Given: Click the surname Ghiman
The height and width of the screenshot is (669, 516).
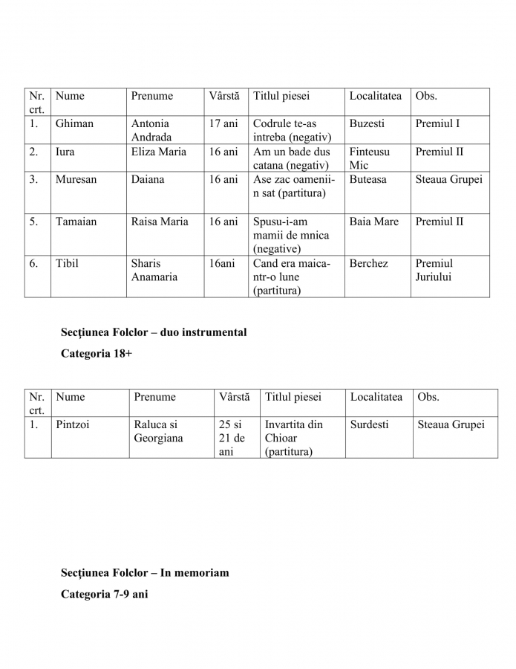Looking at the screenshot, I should (74, 123).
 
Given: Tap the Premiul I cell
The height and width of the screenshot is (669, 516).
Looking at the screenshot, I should (437, 123).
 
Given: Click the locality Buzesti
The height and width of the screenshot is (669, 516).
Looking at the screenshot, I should (368, 123).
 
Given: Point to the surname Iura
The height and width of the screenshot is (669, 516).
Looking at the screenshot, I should (65, 152).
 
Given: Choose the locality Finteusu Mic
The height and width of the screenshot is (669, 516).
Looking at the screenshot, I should (369, 158).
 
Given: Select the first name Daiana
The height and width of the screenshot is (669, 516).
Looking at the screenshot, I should (148, 179).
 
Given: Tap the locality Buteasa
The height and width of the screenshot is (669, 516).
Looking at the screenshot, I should (368, 179).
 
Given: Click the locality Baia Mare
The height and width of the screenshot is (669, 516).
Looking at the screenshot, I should (373, 222).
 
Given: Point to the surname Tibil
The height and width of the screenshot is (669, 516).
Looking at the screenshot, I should (66, 263).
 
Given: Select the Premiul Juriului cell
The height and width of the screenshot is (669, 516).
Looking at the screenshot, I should (434, 270).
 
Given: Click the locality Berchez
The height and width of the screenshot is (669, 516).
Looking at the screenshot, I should (368, 263).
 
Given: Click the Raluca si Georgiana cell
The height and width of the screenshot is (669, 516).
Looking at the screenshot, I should (158, 431).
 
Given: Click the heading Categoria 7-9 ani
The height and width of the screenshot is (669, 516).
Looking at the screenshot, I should (105, 595).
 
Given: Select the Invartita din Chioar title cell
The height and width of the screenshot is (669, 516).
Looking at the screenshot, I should (294, 438).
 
